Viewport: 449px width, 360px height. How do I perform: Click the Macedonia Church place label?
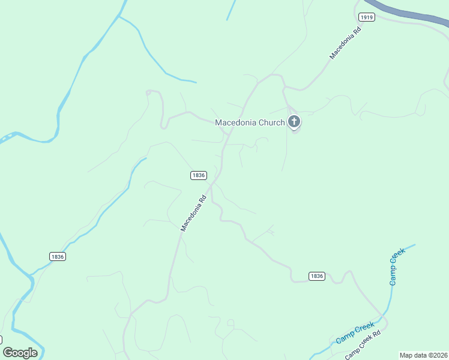pyautogui.click(x=250, y=122)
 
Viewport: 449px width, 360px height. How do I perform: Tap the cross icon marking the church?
pyautogui.click(x=294, y=122)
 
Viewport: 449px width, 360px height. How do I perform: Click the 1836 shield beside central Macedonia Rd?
pyautogui.click(x=199, y=175)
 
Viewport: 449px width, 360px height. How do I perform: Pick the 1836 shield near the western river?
pyautogui.click(x=58, y=256)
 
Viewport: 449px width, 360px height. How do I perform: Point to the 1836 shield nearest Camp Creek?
pyautogui.click(x=317, y=276)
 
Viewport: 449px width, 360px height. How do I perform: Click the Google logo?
pyautogui.click(x=20, y=353)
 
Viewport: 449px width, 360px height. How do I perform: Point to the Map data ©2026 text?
pyautogui.click(x=423, y=355)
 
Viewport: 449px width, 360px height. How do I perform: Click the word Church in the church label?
pyautogui.click(x=271, y=122)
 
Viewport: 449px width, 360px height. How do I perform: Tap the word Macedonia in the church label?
pyautogui.click(x=236, y=122)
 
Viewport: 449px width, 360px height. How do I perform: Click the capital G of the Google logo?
pyautogui.click(x=8, y=353)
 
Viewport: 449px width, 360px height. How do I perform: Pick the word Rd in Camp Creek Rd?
pyautogui.click(x=376, y=334)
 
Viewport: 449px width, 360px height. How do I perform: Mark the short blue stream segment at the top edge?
pyautogui.click(x=231, y=10)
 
